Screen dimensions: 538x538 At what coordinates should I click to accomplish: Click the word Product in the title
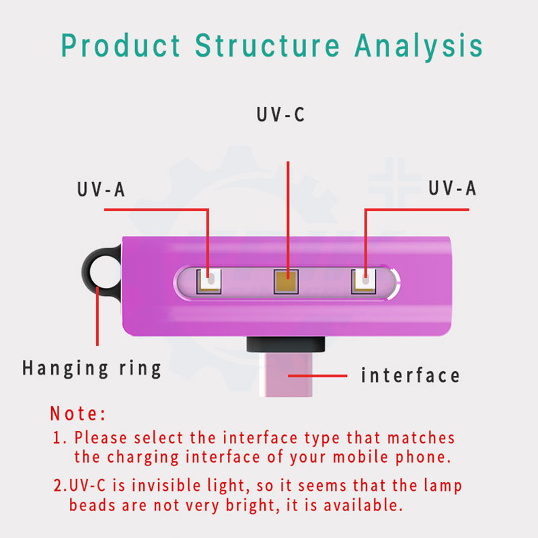tap(120, 45)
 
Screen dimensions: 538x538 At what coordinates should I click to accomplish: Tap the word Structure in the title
tap(268, 45)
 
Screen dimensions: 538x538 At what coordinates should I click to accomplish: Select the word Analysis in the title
tap(419, 47)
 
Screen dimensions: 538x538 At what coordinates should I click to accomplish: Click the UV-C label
tap(280, 114)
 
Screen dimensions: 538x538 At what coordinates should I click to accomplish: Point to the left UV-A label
tap(101, 190)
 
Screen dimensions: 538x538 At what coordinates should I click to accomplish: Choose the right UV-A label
tap(452, 188)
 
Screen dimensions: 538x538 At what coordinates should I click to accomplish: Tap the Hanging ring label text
tap(91, 369)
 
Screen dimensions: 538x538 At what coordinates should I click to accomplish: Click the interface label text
tap(410, 375)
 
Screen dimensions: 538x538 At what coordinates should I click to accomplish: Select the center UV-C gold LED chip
tap(286, 282)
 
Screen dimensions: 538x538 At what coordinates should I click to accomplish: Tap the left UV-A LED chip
tap(208, 282)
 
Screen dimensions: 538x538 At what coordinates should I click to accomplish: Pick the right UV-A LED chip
tap(363, 281)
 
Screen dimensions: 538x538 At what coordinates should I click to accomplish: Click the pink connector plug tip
tap(286, 375)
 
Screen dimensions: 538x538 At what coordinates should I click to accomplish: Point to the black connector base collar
tap(286, 344)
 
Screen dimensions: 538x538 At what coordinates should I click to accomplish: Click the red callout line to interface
tap(317, 376)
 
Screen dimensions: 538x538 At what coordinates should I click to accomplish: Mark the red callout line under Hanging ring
tap(98, 316)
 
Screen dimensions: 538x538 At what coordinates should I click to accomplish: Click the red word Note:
tap(78, 413)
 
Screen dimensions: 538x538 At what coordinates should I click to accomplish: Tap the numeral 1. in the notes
tap(60, 438)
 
